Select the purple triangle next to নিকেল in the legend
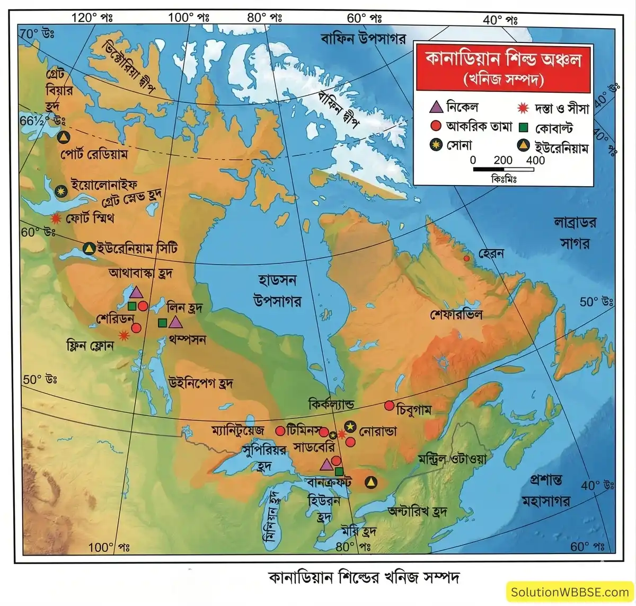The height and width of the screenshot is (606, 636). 436,108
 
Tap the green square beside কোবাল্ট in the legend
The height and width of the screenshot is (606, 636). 523,128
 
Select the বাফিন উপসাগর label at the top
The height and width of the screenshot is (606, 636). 363,38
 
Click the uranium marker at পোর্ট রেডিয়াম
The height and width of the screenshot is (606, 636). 64,137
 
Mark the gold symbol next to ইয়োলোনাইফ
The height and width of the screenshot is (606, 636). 61,191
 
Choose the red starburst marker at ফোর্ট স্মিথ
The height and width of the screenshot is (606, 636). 56,218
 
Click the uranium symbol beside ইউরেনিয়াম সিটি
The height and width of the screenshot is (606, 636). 90,248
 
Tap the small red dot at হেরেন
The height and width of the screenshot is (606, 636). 467,258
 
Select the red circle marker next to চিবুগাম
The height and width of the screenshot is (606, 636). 390,406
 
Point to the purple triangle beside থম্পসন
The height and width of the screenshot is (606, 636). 175,322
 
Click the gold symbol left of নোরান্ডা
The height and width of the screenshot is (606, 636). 350,426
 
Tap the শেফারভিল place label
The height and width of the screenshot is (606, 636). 456,314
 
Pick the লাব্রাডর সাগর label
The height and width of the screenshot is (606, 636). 575,232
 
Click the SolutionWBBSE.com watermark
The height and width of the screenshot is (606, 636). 569,592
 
